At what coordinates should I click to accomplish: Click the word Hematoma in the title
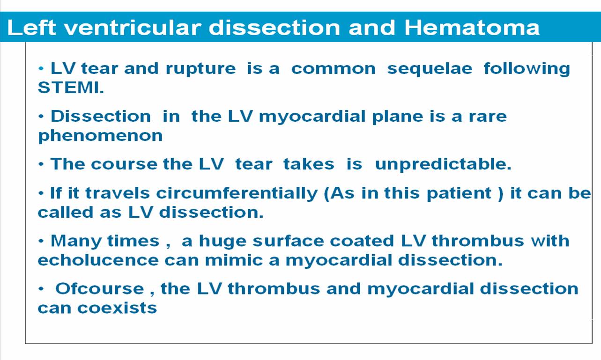coord(472,27)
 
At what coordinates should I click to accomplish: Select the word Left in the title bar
coord(32,27)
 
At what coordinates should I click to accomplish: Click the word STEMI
coord(71,88)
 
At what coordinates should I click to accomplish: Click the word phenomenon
coord(100,136)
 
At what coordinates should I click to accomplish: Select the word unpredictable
coord(443,164)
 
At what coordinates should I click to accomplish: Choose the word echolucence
coord(98,260)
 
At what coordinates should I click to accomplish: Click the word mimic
coord(234,260)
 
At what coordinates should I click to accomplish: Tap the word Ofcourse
coord(100,289)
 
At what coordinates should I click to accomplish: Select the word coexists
coord(117,308)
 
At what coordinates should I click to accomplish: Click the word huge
coord(223,242)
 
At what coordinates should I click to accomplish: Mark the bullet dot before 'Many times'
coord(41,241)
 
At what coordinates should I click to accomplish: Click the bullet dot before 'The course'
coord(41,164)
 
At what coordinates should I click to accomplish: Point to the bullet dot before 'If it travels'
coord(41,193)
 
